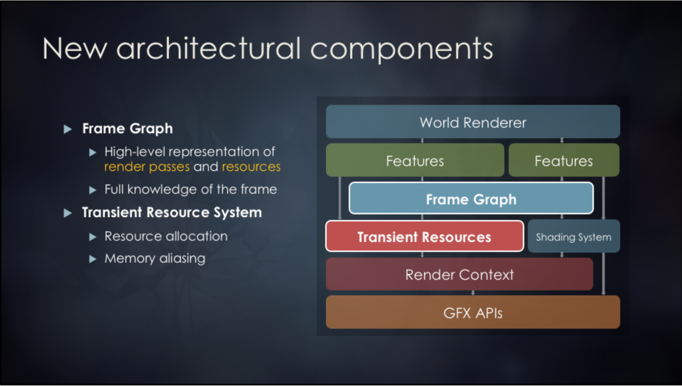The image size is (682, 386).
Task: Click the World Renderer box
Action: pos(473,122)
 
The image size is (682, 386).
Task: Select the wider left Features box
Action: pos(415,160)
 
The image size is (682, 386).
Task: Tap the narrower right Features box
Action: pos(563,160)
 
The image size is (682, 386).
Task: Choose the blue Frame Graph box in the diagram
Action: pos(471,199)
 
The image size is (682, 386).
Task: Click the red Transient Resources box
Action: pos(424,237)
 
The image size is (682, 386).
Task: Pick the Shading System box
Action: pos(573,237)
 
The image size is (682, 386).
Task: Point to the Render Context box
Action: pos(459,274)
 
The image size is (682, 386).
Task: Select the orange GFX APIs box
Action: pos(473,313)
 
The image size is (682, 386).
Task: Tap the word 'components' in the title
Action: pos(401,49)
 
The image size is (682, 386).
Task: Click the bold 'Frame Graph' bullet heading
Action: pos(127,128)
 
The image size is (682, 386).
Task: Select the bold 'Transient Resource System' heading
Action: pos(172,212)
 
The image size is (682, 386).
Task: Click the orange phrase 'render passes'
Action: pos(147,167)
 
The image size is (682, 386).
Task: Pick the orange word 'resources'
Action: pos(251,167)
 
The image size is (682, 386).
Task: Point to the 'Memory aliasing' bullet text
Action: pos(155,259)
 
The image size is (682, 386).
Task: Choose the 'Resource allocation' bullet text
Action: pos(166,236)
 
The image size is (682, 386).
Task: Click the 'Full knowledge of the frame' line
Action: pos(191,189)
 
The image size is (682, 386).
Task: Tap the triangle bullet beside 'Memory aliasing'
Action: pos(93,259)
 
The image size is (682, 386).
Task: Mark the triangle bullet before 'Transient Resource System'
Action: pos(68,213)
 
